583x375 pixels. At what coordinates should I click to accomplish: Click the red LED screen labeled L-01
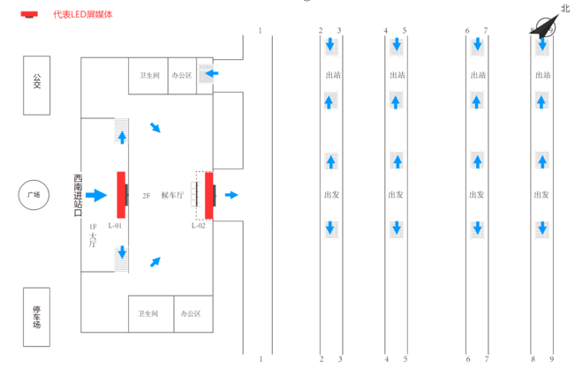(120, 194)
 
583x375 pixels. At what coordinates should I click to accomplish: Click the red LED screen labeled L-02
(209, 195)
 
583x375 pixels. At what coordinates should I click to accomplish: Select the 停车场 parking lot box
(37, 316)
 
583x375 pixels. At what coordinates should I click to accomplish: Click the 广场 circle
(34, 195)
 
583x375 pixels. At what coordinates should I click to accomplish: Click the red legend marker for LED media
(30, 14)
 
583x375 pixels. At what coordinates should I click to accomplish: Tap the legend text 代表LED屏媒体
(83, 14)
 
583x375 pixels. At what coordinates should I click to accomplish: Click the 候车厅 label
(172, 195)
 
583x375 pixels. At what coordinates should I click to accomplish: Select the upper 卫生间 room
(148, 76)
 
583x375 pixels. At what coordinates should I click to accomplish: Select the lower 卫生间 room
(148, 313)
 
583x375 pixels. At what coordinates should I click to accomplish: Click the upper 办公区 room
(183, 76)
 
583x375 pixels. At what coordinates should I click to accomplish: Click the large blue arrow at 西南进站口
(95, 195)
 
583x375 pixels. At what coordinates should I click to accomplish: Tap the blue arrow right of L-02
(231, 195)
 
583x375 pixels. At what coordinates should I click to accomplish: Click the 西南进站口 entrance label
(78, 195)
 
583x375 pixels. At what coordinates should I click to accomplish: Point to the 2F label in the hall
(147, 195)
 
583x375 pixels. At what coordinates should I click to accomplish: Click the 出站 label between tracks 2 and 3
(333, 76)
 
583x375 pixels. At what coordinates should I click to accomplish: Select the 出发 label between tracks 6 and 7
(477, 195)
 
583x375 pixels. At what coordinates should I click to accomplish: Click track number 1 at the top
(261, 31)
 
